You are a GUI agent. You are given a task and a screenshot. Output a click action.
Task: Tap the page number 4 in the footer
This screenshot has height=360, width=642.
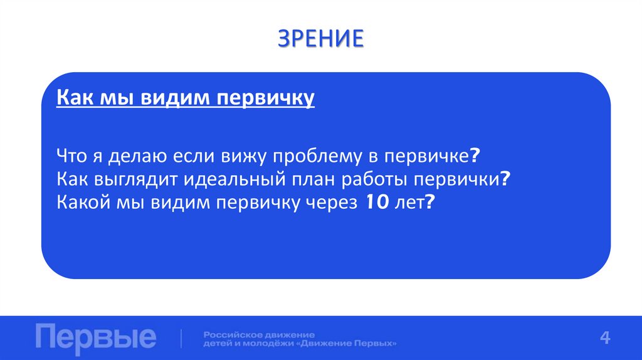coord(605,337)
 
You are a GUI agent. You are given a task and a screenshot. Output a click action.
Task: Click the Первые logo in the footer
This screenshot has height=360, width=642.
coord(95,337)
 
